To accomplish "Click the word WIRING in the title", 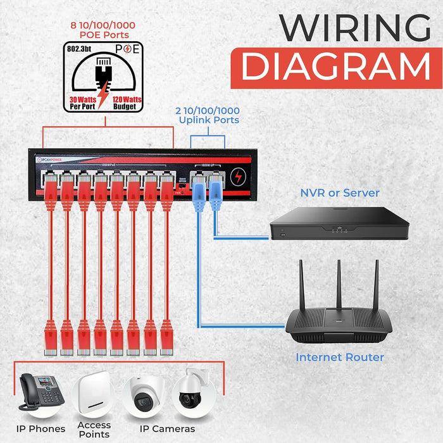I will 346,28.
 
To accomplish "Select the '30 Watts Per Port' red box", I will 82,102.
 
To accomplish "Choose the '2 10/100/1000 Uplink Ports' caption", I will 208,115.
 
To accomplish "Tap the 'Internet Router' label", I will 340,358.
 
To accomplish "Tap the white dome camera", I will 144,396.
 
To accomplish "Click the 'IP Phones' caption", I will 39,429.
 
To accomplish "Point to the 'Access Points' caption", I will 94,428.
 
